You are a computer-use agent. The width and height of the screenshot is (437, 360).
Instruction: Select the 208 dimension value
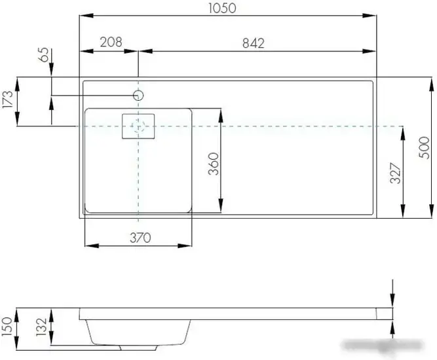coord(110,43)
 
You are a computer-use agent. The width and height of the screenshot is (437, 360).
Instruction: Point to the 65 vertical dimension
coord(44,55)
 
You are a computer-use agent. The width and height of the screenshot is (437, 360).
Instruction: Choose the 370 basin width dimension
coord(140,238)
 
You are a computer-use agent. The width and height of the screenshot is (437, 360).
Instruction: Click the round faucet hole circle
coord(138,96)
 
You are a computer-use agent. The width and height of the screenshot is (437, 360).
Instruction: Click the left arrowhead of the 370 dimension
coord(88,246)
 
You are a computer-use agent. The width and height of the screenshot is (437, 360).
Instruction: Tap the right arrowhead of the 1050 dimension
coord(374,16)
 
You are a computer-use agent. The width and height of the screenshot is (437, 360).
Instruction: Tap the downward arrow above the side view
coord(391,295)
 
